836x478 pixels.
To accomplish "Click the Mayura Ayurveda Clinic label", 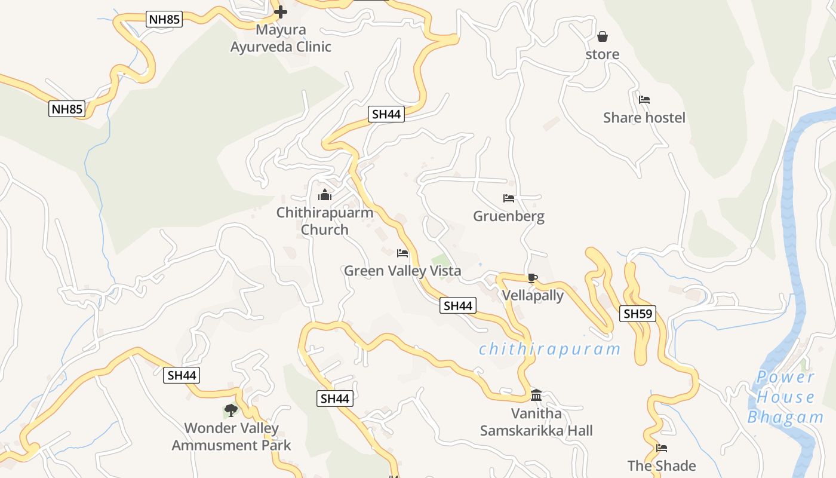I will tap(281, 38).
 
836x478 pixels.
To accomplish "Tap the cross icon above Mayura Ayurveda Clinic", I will tap(281, 11).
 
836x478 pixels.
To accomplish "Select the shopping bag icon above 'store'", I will tap(603, 37).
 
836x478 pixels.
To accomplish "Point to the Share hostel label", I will tap(644, 118).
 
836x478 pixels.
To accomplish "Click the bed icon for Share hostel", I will tap(644, 100).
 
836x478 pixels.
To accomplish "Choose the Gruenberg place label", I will tap(509, 216).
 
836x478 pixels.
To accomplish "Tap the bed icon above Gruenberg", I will tap(509, 198).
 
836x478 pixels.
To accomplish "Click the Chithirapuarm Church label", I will tap(324, 221).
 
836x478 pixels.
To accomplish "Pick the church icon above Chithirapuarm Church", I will tap(324, 195).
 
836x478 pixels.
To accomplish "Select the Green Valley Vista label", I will tap(402, 271).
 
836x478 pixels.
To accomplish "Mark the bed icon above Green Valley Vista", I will tap(402, 253).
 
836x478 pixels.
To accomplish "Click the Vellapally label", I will tap(533, 295).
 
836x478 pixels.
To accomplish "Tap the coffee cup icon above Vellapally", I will tap(533, 278).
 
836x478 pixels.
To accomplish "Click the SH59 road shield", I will tap(638, 314).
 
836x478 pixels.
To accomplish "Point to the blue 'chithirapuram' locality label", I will tap(549, 349).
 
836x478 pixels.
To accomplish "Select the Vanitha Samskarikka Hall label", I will tap(536, 422).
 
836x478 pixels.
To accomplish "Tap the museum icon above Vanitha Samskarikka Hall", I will tap(536, 396).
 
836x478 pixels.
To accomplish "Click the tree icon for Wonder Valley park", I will tap(231, 410).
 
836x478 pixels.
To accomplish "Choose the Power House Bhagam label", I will tap(785, 397).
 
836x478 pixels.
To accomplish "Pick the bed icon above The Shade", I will tap(662, 448).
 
